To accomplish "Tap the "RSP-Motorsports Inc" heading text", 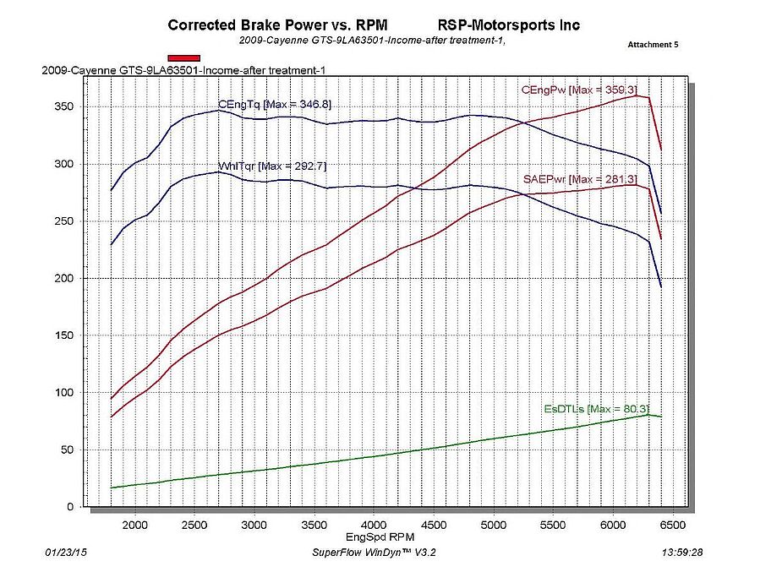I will tap(509, 25).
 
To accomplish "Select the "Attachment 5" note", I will tap(653, 44).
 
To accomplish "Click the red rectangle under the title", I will tap(183, 57).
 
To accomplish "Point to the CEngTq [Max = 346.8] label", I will tap(274, 104).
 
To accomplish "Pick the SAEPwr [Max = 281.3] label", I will tap(581, 179).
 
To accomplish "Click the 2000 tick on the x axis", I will tap(135, 524).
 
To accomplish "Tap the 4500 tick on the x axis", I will tap(434, 524).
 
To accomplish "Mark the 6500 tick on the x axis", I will tap(673, 524).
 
